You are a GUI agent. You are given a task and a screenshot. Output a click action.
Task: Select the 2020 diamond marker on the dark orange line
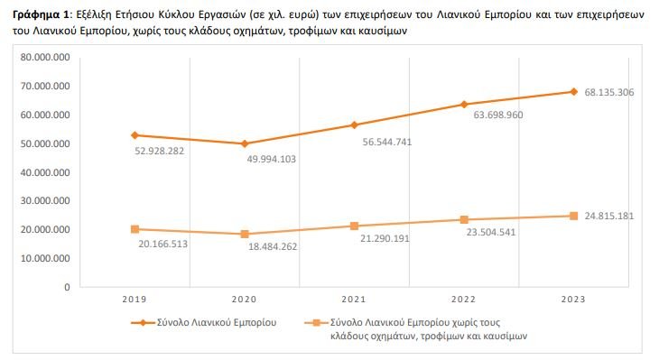[245, 143]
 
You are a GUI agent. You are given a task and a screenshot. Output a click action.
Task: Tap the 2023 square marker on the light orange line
[573, 216]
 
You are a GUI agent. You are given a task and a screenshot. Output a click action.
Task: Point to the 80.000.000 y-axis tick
[44, 57]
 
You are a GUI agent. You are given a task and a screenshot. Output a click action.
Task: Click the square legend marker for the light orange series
[315, 321]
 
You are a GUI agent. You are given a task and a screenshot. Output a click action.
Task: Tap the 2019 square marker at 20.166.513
[135, 229]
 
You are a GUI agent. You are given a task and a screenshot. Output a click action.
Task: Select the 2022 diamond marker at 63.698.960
[464, 105]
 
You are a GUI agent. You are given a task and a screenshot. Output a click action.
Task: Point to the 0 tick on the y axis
[67, 287]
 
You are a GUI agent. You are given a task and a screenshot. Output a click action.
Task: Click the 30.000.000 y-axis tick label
[44, 201]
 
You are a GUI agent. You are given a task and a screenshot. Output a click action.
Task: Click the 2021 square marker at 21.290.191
[355, 226]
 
